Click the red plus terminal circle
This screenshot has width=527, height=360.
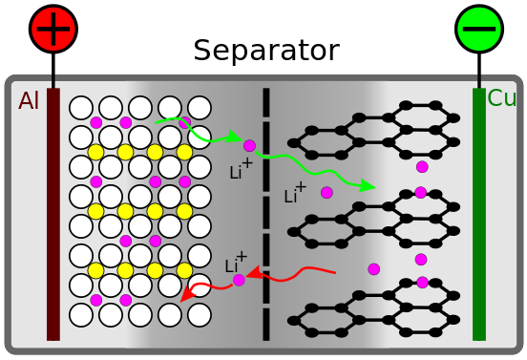point(53,29)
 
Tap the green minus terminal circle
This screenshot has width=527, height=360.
point(479,29)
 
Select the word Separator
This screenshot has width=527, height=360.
point(266,51)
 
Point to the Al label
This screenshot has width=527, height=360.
point(29,100)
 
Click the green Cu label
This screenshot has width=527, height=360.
point(501,98)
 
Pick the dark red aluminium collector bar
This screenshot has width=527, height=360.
point(53,215)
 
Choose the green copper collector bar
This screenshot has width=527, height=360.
point(479,215)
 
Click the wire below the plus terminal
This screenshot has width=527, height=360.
point(53,71)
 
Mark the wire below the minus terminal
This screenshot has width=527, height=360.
point(479,71)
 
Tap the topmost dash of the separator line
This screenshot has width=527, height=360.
point(266,103)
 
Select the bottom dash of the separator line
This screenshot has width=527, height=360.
point(266,325)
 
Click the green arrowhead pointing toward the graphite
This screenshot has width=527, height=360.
point(367,186)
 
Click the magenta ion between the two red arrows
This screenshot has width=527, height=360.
point(239,280)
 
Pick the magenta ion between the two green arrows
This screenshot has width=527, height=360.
point(249,146)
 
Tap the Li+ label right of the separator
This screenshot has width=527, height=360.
point(295,193)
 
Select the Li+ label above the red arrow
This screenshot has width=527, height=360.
point(236,263)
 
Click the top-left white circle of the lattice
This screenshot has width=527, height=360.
point(81,108)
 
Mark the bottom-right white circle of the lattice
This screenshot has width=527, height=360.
point(200,315)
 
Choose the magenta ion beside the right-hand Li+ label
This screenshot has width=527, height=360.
point(327,193)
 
